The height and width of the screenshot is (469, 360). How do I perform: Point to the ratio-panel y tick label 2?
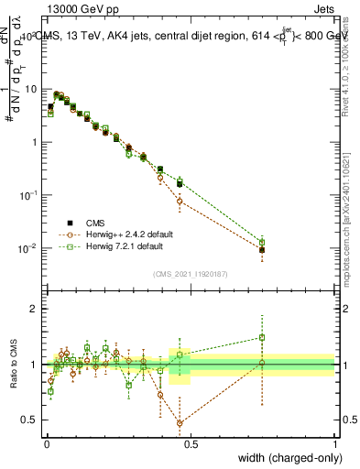pos(33,310)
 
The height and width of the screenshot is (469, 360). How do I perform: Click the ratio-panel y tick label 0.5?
pos(28,420)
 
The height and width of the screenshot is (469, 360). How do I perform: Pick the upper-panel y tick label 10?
pos(28,89)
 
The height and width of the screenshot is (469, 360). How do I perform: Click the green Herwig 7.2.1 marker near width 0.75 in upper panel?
pos(262,243)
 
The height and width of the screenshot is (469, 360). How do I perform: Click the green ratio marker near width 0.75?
pos(262,337)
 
